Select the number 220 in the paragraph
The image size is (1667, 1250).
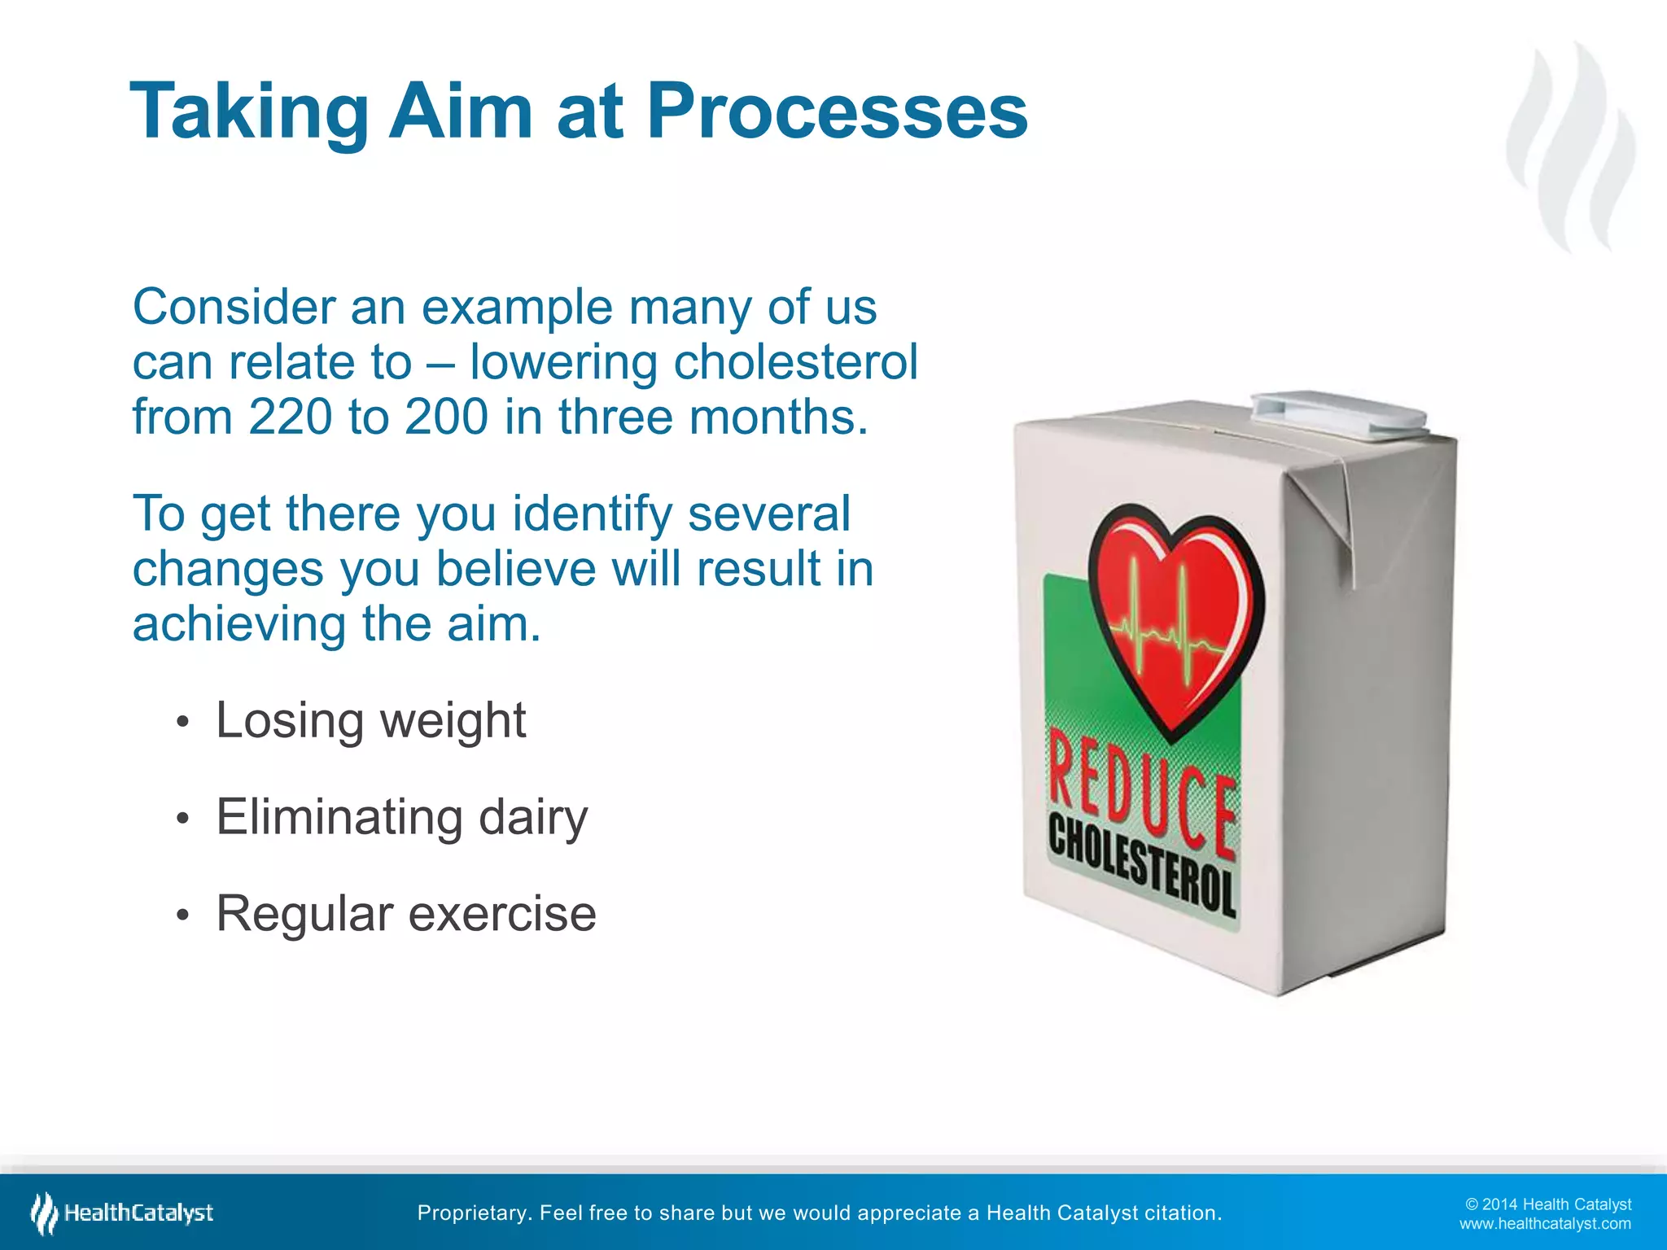pyautogui.click(x=291, y=417)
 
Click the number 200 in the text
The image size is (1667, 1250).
pyautogui.click(x=447, y=417)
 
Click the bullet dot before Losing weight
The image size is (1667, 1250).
pyautogui.click(x=183, y=723)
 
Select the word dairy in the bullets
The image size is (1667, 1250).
pyautogui.click(x=532, y=817)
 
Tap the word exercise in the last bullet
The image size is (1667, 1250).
pyautogui.click(x=501, y=913)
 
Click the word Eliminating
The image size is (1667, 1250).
pyautogui.click(x=338, y=817)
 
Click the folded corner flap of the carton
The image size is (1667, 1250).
pyautogui.click(x=1327, y=505)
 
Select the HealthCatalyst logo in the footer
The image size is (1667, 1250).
pyautogui.click(x=122, y=1213)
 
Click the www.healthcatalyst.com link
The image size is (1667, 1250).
pyautogui.click(x=1544, y=1224)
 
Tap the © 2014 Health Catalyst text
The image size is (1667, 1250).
pyautogui.click(x=1547, y=1204)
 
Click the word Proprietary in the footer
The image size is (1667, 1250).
pyautogui.click(x=472, y=1213)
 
